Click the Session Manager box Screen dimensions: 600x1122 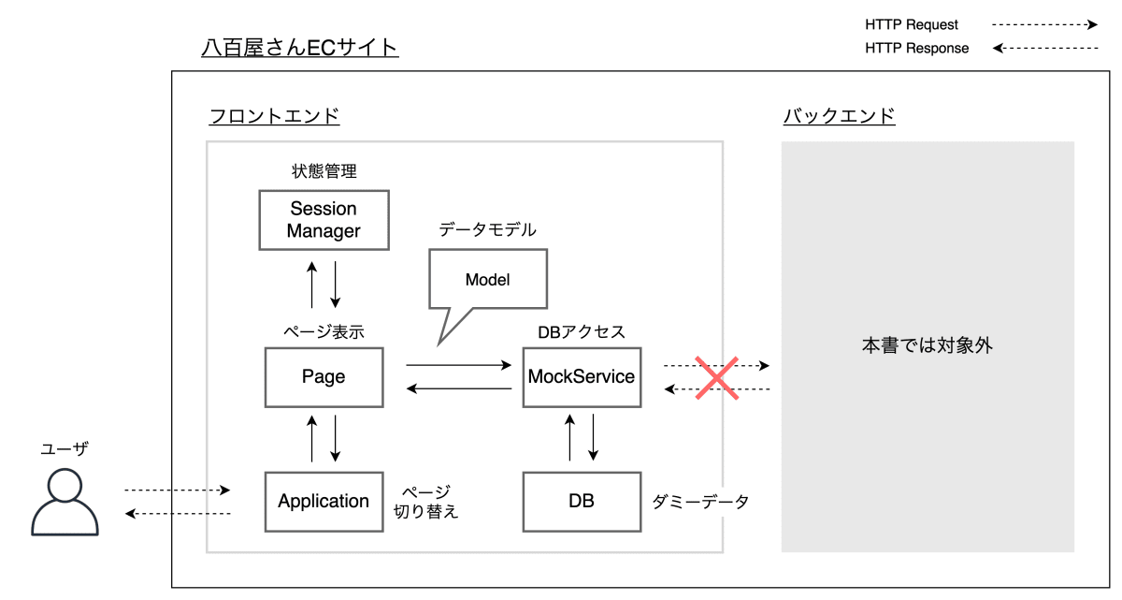click(324, 220)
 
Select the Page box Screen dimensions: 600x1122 click(324, 377)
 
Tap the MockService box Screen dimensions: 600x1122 click(582, 377)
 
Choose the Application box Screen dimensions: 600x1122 click(324, 502)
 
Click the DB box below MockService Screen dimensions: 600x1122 click(582, 502)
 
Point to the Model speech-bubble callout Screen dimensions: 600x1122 click(487, 280)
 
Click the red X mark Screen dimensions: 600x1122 click(716, 377)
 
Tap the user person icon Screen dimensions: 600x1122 click(65, 502)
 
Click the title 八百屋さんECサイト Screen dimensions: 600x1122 click(300, 47)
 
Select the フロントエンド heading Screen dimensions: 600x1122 click(274, 117)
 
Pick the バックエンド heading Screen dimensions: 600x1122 click(839, 117)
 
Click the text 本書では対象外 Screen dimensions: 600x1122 click(927, 345)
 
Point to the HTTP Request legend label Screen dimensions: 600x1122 click(912, 25)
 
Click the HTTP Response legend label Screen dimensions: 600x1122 click(916, 48)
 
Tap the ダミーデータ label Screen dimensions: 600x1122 click(701, 502)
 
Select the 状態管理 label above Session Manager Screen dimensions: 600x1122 click(324, 171)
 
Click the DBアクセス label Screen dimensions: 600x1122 click(582, 332)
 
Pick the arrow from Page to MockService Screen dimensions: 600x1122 click(459, 365)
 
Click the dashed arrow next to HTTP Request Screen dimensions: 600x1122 click(1044, 25)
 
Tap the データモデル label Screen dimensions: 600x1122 click(487, 229)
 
